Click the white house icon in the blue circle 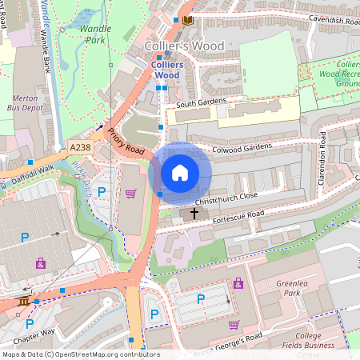click(180, 173)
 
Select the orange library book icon click(188, 19)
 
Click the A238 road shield click(80, 148)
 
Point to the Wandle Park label click(96, 33)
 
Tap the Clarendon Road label click(323, 156)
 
